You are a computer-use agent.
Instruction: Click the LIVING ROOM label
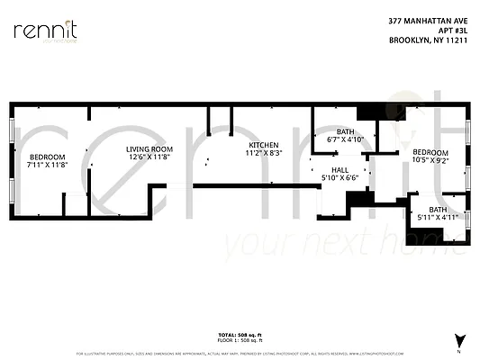click(x=149, y=149)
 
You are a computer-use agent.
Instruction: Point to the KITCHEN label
click(x=264, y=145)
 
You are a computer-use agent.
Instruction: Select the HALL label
click(x=340, y=169)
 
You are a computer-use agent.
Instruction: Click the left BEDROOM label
click(x=47, y=157)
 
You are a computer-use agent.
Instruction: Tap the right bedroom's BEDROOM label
click(x=430, y=152)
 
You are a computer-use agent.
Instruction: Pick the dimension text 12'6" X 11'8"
click(x=149, y=157)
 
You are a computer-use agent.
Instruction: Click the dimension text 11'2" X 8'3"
click(x=264, y=153)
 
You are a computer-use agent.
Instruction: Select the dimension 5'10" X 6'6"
click(x=340, y=177)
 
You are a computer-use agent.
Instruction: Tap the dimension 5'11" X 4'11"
click(x=438, y=217)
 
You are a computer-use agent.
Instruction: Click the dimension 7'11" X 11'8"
click(x=47, y=165)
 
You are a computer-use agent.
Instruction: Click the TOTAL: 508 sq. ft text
click(x=240, y=334)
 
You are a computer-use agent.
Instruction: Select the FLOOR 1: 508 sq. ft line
click(x=240, y=339)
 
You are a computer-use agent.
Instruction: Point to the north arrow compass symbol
click(x=461, y=342)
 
